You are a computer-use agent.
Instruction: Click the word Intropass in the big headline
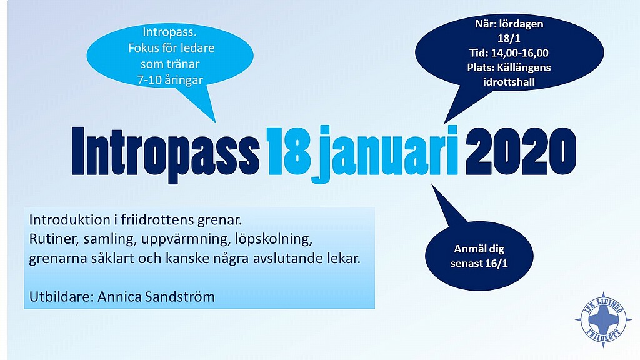click(x=166, y=152)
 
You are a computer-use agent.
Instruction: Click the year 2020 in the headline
click(x=521, y=151)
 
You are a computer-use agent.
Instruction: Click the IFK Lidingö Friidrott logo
click(x=603, y=319)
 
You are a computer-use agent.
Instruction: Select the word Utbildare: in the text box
click(x=62, y=297)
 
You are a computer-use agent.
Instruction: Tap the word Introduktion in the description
click(x=70, y=220)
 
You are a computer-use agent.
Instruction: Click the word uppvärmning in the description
click(x=186, y=239)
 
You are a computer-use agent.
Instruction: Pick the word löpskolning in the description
click(x=274, y=239)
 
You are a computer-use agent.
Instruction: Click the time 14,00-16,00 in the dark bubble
click(x=519, y=53)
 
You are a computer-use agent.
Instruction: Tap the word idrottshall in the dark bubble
click(x=509, y=82)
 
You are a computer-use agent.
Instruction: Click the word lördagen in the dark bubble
click(x=521, y=24)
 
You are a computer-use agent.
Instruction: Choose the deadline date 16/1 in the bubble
click(x=496, y=263)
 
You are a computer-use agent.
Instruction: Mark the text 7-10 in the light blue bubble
click(x=149, y=80)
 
